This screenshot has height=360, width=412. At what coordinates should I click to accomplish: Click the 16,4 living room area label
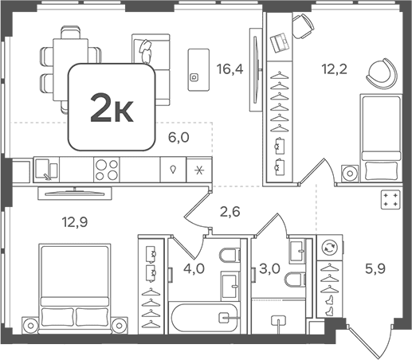(230, 69)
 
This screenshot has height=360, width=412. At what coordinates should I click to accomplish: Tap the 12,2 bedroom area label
(335, 69)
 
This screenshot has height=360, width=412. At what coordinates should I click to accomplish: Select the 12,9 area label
(75, 222)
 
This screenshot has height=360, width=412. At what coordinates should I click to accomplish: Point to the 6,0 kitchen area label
(179, 138)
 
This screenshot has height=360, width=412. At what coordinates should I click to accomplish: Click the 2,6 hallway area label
(230, 212)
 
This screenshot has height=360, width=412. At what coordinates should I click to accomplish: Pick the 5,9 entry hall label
(375, 269)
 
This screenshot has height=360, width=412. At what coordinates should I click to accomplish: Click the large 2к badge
(112, 107)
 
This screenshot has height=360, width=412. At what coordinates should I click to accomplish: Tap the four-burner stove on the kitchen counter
(107, 170)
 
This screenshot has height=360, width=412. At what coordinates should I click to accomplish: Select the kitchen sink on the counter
(46, 170)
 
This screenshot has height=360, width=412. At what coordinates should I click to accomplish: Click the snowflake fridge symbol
(199, 170)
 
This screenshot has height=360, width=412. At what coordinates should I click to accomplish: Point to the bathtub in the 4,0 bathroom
(204, 318)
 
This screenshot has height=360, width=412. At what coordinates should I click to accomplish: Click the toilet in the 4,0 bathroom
(230, 255)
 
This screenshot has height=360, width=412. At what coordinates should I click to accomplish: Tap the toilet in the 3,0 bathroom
(295, 279)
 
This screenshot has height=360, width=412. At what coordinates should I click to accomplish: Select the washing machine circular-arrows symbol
(329, 248)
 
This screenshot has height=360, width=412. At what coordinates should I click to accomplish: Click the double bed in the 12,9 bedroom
(75, 288)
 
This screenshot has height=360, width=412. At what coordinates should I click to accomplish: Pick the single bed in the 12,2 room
(381, 138)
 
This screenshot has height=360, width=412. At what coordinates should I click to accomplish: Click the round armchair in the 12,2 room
(382, 73)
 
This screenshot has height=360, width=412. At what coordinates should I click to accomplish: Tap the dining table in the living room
(71, 69)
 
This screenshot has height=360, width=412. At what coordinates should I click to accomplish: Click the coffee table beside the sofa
(198, 70)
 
